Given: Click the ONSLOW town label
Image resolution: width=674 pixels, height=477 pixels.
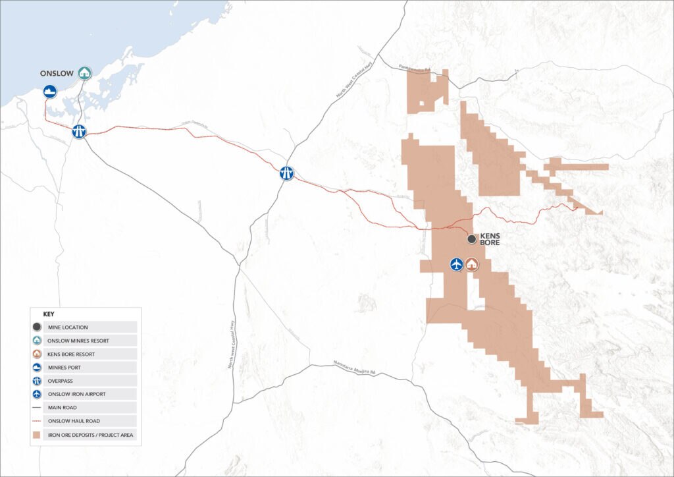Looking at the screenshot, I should [x=57, y=73].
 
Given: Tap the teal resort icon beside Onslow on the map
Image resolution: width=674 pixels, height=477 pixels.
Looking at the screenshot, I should [x=84, y=72].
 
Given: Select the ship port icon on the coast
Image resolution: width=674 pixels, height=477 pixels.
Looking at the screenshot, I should [x=49, y=92].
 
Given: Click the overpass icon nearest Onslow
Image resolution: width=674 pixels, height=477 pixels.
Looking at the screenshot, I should [x=79, y=131].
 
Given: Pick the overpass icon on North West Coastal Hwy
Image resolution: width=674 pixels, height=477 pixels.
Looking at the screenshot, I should [x=286, y=173].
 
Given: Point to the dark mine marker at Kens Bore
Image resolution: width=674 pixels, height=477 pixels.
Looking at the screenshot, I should [x=472, y=239].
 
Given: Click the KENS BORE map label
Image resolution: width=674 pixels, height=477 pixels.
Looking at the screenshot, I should [x=490, y=239].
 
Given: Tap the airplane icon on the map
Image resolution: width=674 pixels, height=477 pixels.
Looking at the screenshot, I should [x=455, y=264].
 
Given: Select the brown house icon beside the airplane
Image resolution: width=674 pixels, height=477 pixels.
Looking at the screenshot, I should [x=472, y=264].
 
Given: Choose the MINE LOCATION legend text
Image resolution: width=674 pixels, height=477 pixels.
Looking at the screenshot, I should [x=72, y=327].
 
